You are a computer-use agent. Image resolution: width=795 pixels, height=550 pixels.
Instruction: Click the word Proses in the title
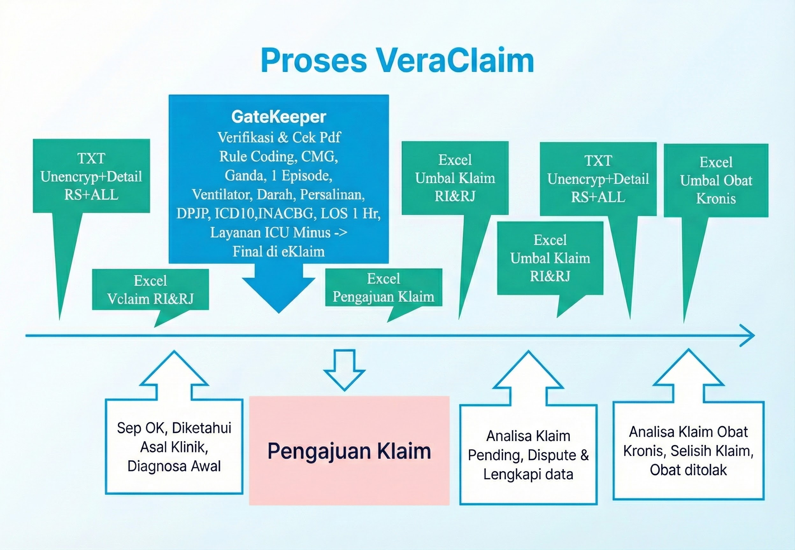pyautogui.click(x=313, y=61)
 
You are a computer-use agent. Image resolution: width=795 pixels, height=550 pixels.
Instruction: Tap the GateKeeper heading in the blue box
pyautogui.click(x=279, y=117)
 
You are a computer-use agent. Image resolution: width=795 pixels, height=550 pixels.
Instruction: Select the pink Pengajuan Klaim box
pyautogui.click(x=349, y=450)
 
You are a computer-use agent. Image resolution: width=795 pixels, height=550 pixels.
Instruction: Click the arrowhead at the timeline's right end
pyautogui.click(x=748, y=335)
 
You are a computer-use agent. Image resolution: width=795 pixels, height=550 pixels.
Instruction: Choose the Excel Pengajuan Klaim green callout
pyautogui.click(x=383, y=288)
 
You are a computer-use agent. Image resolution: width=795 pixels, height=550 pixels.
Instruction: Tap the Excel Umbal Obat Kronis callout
pyautogui.click(x=716, y=180)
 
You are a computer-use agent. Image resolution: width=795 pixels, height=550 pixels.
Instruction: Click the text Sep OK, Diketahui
pyautogui.click(x=174, y=428)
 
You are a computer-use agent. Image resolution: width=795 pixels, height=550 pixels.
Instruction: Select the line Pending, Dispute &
pyautogui.click(x=528, y=455)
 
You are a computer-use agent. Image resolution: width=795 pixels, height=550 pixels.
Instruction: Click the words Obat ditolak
pyautogui.click(x=688, y=470)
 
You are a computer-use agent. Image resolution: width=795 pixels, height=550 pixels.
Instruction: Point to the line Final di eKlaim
pyautogui.click(x=279, y=251)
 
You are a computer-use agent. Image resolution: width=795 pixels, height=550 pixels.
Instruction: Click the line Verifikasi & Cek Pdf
pyautogui.click(x=279, y=137)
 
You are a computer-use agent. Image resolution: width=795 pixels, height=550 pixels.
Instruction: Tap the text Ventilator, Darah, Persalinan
pyautogui.click(x=279, y=195)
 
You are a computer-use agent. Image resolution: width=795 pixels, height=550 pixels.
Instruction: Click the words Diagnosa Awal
pyautogui.click(x=174, y=466)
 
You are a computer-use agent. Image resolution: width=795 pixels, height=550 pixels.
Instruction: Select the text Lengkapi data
pyautogui.click(x=528, y=474)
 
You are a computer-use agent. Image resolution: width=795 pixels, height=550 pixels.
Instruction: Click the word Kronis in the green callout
pyautogui.click(x=716, y=199)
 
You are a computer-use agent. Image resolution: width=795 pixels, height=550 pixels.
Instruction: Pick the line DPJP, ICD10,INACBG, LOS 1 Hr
pyautogui.click(x=279, y=214)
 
